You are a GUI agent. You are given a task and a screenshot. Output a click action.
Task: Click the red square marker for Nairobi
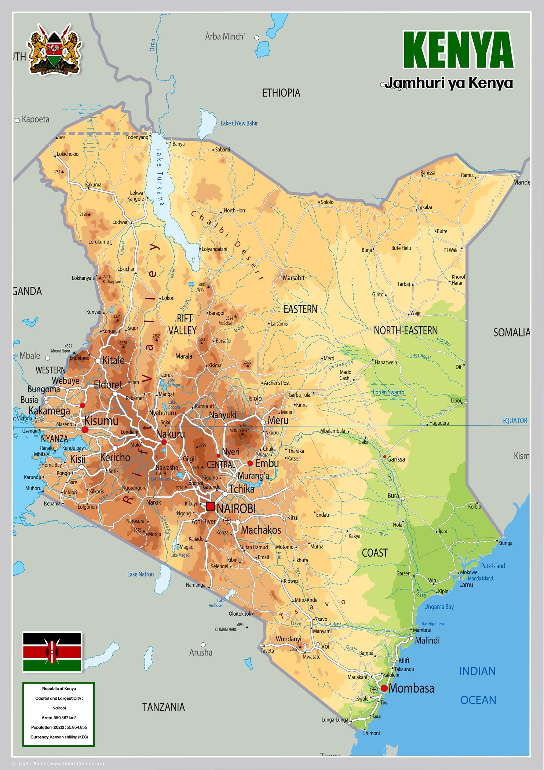point(210,506)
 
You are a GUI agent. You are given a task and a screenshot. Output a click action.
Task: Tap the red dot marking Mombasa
point(384,688)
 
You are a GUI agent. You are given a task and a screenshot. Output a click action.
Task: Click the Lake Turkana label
point(160,177)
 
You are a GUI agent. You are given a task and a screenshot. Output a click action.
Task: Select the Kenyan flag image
point(52,652)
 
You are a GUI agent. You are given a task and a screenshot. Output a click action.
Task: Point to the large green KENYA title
point(458,50)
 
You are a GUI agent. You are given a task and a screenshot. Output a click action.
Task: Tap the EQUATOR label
point(514,421)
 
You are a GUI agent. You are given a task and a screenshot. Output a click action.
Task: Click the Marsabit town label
point(293,278)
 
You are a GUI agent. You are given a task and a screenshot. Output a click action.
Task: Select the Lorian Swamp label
point(388,392)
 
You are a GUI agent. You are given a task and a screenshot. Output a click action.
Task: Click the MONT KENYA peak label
point(240,430)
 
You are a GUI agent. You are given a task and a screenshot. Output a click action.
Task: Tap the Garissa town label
point(396,459)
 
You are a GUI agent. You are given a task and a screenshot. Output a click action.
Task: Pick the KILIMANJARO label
point(226,629)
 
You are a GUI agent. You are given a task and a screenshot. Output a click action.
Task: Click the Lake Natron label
point(140,574)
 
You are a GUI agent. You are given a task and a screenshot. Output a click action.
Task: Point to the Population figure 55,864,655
point(77,727)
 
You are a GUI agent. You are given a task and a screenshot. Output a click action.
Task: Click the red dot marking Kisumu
point(85,429)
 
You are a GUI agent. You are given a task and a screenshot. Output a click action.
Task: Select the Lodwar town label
point(120,222)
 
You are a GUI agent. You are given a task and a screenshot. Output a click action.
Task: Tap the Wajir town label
point(415,313)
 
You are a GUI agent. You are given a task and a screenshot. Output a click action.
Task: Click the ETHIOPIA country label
point(281,93)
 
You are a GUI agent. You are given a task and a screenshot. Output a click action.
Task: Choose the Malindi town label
point(427,640)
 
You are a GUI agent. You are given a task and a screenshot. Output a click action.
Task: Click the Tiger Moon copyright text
point(58,763)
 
